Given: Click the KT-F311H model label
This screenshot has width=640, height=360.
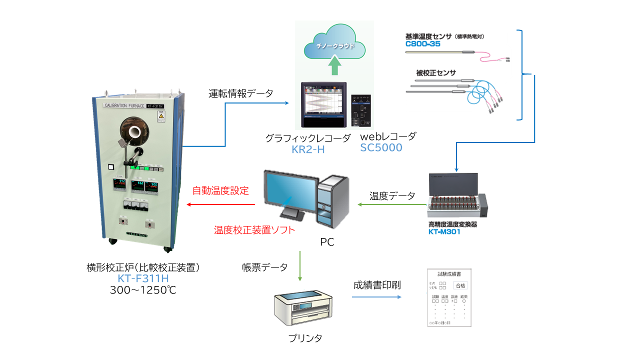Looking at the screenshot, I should coord(143,278).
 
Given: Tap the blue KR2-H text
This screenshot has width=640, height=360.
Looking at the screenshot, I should coord(308,148).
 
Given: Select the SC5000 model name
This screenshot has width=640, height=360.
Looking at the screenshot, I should coord(381,147).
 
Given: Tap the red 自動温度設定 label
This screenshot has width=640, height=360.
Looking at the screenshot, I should coord(220,190).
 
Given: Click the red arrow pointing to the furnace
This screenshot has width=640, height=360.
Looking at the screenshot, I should coord(220,204).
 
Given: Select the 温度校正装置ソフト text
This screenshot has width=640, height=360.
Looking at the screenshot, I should coord(254,230).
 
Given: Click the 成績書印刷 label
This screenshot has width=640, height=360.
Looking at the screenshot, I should coord(377,285).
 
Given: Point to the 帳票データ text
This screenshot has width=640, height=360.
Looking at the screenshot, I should coord(264,267).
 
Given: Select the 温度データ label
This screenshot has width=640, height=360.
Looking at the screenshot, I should coord(392,195).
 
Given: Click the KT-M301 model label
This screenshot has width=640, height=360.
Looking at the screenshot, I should coord(444,231).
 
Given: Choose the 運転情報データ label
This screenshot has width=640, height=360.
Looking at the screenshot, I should coord(241,93).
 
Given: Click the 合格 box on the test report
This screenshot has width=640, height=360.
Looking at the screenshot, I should coord(460,285).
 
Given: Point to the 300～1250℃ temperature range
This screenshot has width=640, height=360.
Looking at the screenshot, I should coord(143,290).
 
